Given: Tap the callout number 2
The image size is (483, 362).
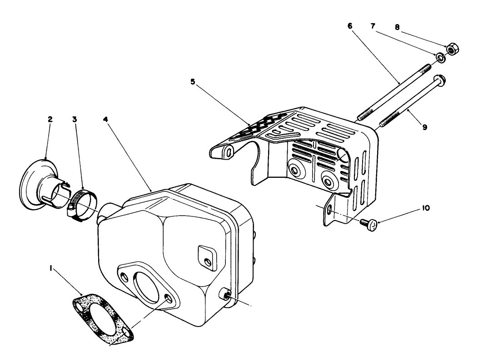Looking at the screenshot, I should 50,119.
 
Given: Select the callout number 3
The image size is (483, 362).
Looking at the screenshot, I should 75,119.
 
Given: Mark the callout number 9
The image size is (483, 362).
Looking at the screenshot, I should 424,128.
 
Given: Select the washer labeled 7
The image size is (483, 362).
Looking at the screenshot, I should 440,57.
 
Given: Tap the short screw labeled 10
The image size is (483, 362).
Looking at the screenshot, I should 368,222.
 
